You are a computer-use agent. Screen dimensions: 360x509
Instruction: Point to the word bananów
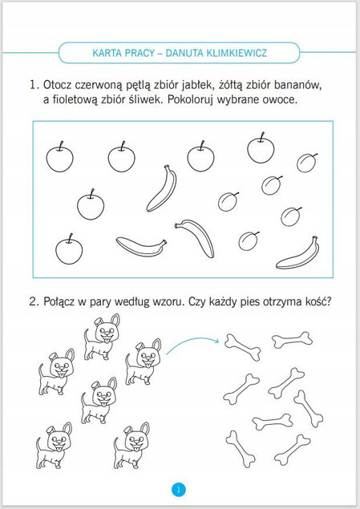point(297,86)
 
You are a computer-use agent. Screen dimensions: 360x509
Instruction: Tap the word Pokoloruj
point(190,99)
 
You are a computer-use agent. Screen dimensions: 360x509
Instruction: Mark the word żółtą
point(230,85)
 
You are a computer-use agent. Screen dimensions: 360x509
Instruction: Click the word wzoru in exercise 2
point(165,302)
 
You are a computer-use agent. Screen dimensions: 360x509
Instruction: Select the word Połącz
point(59,302)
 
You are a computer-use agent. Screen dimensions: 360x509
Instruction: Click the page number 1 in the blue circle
point(179,489)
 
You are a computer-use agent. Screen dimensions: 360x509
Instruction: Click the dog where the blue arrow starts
point(143,362)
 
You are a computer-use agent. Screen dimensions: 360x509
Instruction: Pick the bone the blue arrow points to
point(243,347)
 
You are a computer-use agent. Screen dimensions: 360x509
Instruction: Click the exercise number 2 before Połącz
point(34,302)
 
